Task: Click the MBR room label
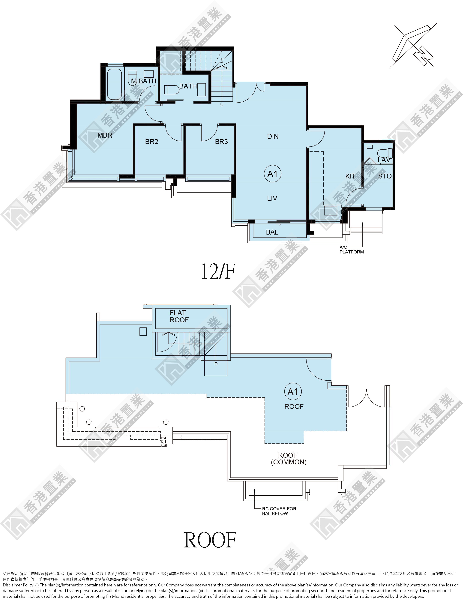105,135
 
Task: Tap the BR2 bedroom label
152,142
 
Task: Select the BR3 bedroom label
221,142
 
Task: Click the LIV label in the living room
272,198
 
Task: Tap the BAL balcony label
272,232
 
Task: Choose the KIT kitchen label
350,176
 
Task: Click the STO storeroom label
385,176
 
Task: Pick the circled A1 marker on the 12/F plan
272,174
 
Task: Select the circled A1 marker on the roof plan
293,392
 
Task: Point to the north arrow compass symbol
414,46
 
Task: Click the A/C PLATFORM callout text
352,250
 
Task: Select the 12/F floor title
218,271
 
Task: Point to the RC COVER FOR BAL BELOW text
279,511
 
